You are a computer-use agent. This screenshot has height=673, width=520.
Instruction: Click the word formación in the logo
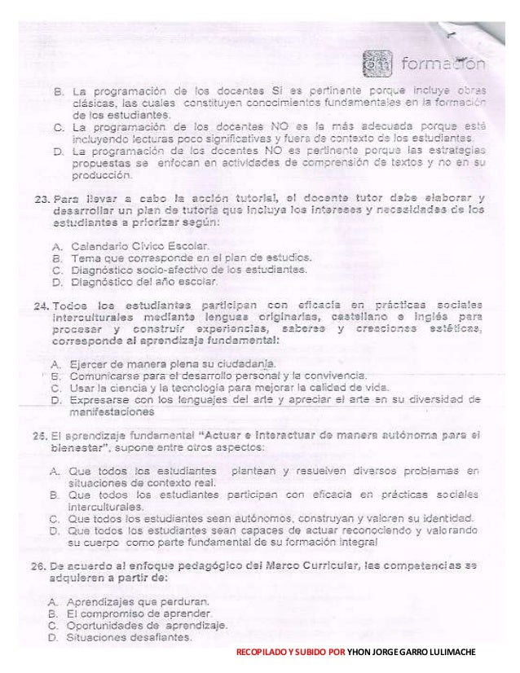pyautogui.click(x=443, y=63)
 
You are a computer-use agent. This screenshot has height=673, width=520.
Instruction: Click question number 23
pyautogui.click(x=42, y=198)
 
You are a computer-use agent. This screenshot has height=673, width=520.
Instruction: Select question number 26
pyautogui.click(x=42, y=565)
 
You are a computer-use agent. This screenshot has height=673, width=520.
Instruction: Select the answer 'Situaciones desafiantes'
pyautogui.click(x=130, y=637)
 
